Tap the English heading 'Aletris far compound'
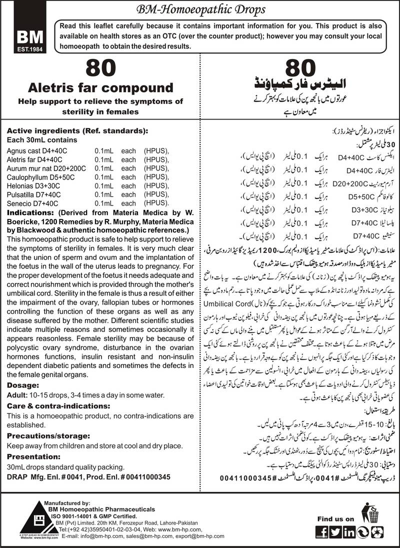pos(101,88)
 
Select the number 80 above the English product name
pos(101,68)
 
